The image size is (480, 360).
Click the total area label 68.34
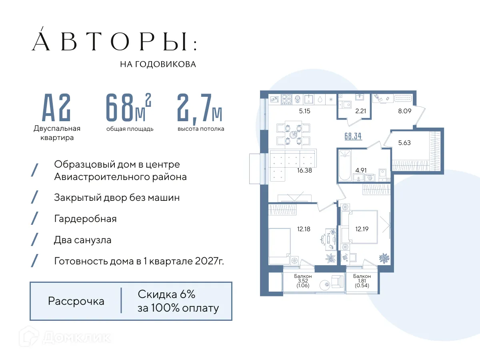[x=353, y=136]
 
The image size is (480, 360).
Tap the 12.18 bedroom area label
[x=304, y=229]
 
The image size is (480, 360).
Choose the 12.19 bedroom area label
[x=362, y=229]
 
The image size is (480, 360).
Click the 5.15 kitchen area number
[x=305, y=112]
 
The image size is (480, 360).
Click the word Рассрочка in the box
[x=76, y=301]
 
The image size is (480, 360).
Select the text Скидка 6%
[x=166, y=294]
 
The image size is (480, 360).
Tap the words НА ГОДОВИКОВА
[x=158, y=64]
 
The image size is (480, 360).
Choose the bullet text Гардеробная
[x=85, y=219]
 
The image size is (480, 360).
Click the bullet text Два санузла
[x=82, y=240]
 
